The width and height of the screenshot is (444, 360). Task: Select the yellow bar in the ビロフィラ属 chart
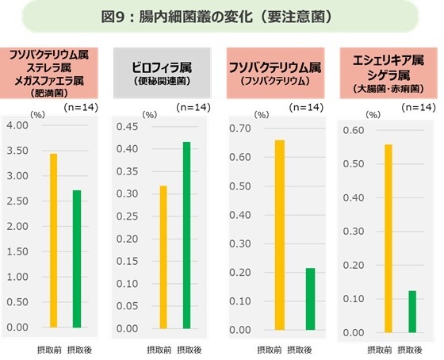pos(163,256)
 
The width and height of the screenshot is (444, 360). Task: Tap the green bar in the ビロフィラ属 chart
pos(186,235)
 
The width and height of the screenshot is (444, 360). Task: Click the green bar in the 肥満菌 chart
pos(77,259)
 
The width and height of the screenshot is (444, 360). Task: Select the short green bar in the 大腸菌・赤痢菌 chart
pos(412,311)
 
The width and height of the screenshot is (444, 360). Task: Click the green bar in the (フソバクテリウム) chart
pos(310,299)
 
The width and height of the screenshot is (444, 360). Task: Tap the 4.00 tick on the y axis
pos(17,125)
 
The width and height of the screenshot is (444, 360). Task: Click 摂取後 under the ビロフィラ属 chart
pos(189,350)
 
